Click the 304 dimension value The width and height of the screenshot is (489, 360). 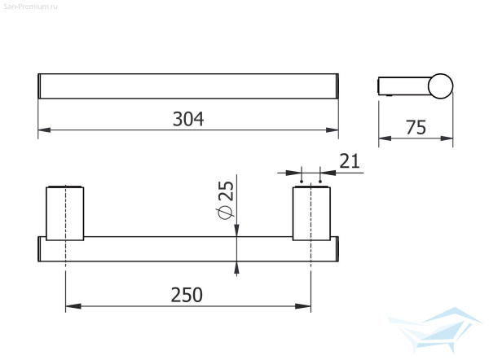pyautogui.click(x=188, y=118)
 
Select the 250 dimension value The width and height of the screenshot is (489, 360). pyautogui.click(x=187, y=294)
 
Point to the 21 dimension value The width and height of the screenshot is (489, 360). pyautogui.click(x=349, y=160)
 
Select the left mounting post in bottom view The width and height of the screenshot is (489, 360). pyautogui.click(x=64, y=213)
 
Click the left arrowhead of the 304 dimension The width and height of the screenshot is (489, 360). pyautogui.click(x=44, y=130)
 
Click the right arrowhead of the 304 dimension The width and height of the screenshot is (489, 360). pyautogui.click(x=333, y=130)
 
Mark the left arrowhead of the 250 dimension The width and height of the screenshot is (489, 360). pyautogui.click(x=71, y=307)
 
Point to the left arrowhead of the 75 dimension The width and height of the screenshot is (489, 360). pyautogui.click(x=386, y=138)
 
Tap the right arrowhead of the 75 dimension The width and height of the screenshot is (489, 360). pyautogui.click(x=448, y=138)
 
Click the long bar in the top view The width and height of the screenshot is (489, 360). pyautogui.click(x=188, y=86)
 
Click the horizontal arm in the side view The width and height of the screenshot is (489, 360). pyautogui.click(x=403, y=86)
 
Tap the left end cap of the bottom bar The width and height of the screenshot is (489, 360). pyautogui.click(x=40, y=249)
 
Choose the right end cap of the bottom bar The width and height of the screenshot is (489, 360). pyautogui.click(x=335, y=249)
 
